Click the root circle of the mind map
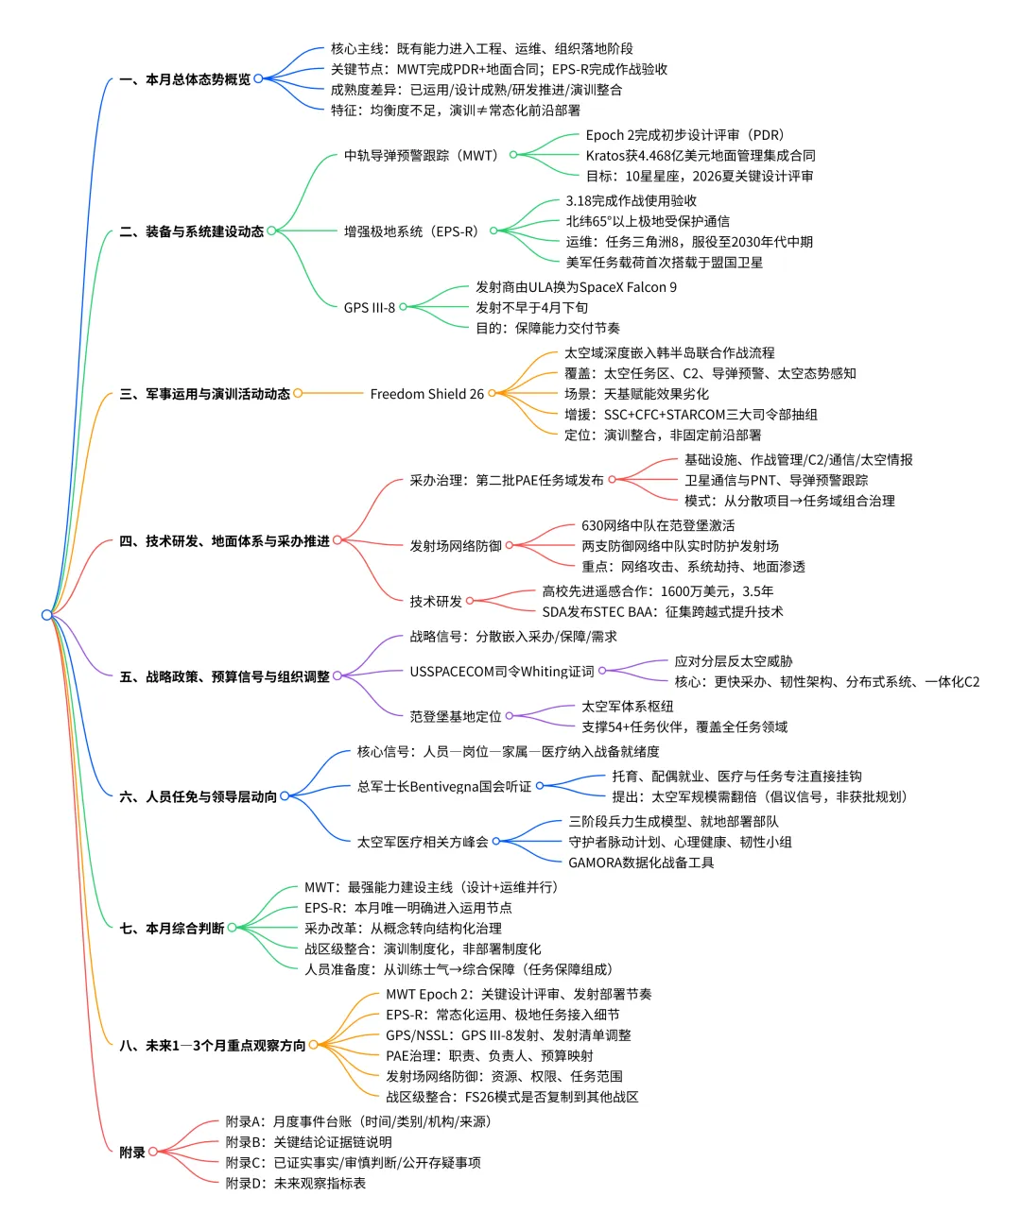pyautogui.click(x=47, y=615)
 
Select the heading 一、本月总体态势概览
pyautogui.click(x=185, y=79)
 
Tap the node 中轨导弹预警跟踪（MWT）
pyautogui.click(x=421, y=155)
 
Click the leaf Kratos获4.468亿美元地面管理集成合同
pyautogui.click(x=700, y=155)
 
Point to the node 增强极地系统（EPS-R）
pyautogui.click(x=411, y=231)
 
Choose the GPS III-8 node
pyautogui.click(x=369, y=307)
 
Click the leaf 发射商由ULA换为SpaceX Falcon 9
pyautogui.click(x=576, y=287)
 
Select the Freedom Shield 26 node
pyautogui.click(x=426, y=394)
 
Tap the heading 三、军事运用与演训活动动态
pyautogui.click(x=204, y=394)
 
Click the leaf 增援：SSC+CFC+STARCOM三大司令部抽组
pyautogui.click(x=691, y=415)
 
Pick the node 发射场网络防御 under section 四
pyautogui.click(x=456, y=546)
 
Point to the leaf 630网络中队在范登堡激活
pyautogui.click(x=658, y=525)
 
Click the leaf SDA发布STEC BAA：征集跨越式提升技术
pyautogui.click(x=662, y=612)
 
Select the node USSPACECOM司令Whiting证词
pyautogui.click(x=502, y=672)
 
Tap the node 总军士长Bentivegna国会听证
pyautogui.click(x=444, y=786)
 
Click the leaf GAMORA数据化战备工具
pyautogui.click(x=641, y=863)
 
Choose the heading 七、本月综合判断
pyautogui.click(x=172, y=929)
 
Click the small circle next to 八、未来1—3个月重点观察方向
pyautogui.click(x=314, y=1045)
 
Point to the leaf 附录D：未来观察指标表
pyautogui.click(x=296, y=1183)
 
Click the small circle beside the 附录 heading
pyautogui.click(x=153, y=1152)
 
